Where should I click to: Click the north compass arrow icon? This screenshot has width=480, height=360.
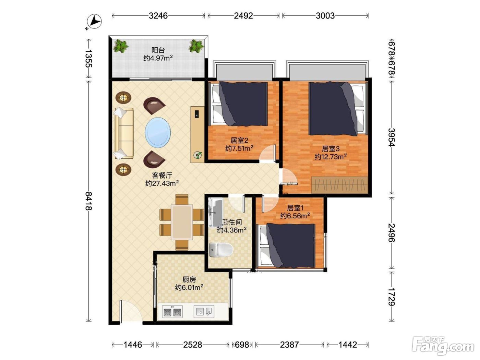(94, 21)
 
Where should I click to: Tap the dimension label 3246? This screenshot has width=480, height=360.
(158, 16)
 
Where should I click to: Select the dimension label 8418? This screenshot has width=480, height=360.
(88, 201)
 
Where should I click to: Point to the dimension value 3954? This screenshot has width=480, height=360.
(392, 137)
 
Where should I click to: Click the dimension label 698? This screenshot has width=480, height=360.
(242, 345)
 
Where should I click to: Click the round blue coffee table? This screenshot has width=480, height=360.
(158, 132)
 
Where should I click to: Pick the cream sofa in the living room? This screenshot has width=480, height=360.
(123, 133)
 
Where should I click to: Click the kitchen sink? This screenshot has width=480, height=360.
(204, 311)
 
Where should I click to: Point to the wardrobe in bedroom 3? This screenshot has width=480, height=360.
(340, 185)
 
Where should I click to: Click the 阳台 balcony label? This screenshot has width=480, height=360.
(158, 50)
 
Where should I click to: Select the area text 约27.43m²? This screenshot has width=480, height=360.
(162, 183)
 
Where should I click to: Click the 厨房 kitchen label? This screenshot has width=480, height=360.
(189, 279)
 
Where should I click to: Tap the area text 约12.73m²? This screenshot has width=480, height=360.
(331, 157)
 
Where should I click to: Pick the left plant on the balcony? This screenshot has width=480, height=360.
(120, 46)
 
